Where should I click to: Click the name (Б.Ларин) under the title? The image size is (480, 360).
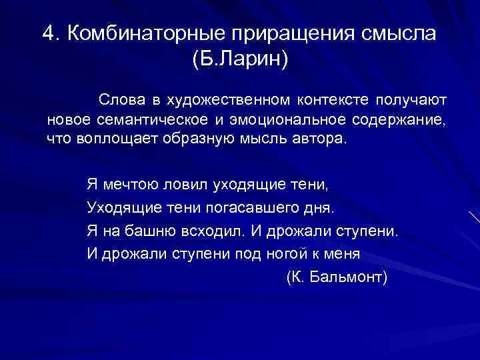pyautogui.click(x=240, y=63)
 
